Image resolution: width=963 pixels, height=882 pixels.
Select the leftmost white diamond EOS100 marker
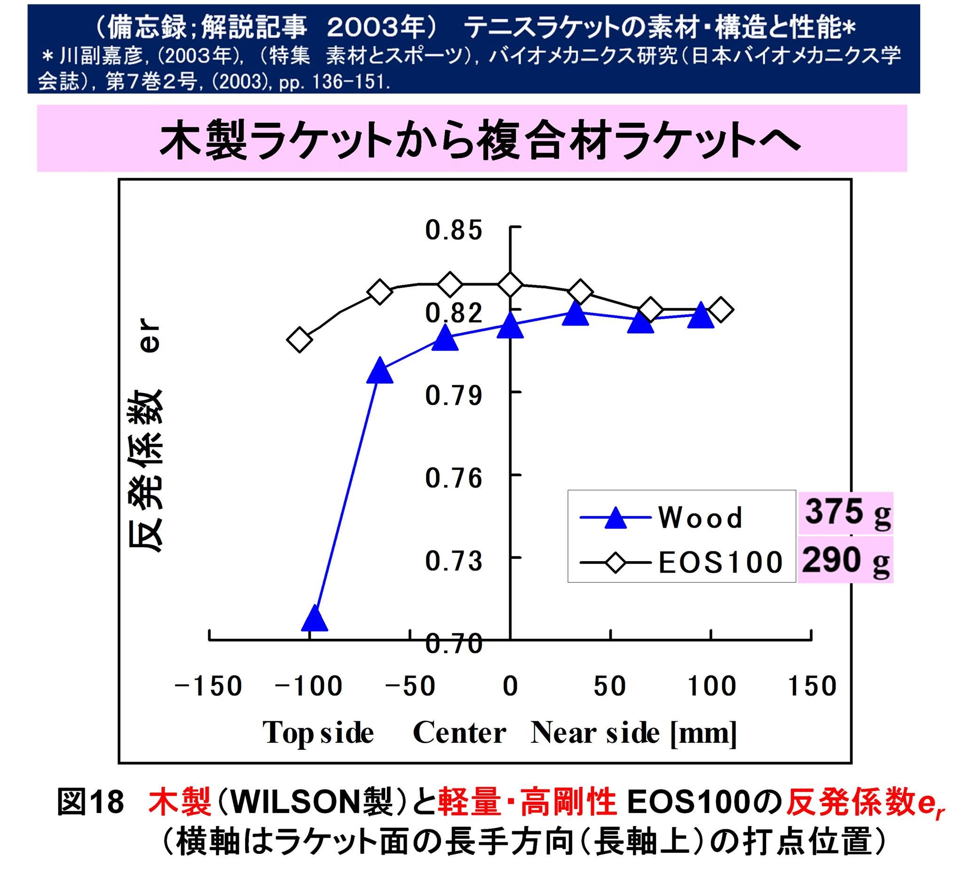point(300,340)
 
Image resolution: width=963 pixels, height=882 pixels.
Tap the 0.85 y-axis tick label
point(454,230)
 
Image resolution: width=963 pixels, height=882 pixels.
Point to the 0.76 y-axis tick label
point(454,478)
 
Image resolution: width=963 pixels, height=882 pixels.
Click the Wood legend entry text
point(700,517)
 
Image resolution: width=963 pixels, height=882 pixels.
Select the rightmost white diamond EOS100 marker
point(720,310)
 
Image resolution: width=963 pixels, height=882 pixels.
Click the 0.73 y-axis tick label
point(454,561)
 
